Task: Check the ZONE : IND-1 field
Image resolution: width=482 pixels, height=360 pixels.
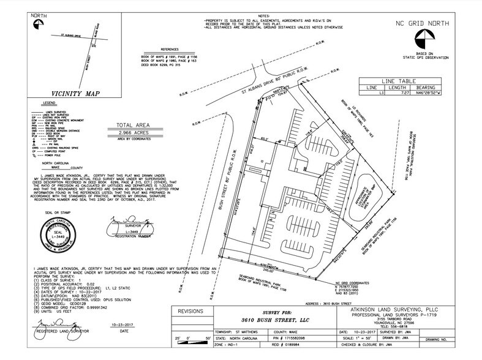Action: (226, 347)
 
